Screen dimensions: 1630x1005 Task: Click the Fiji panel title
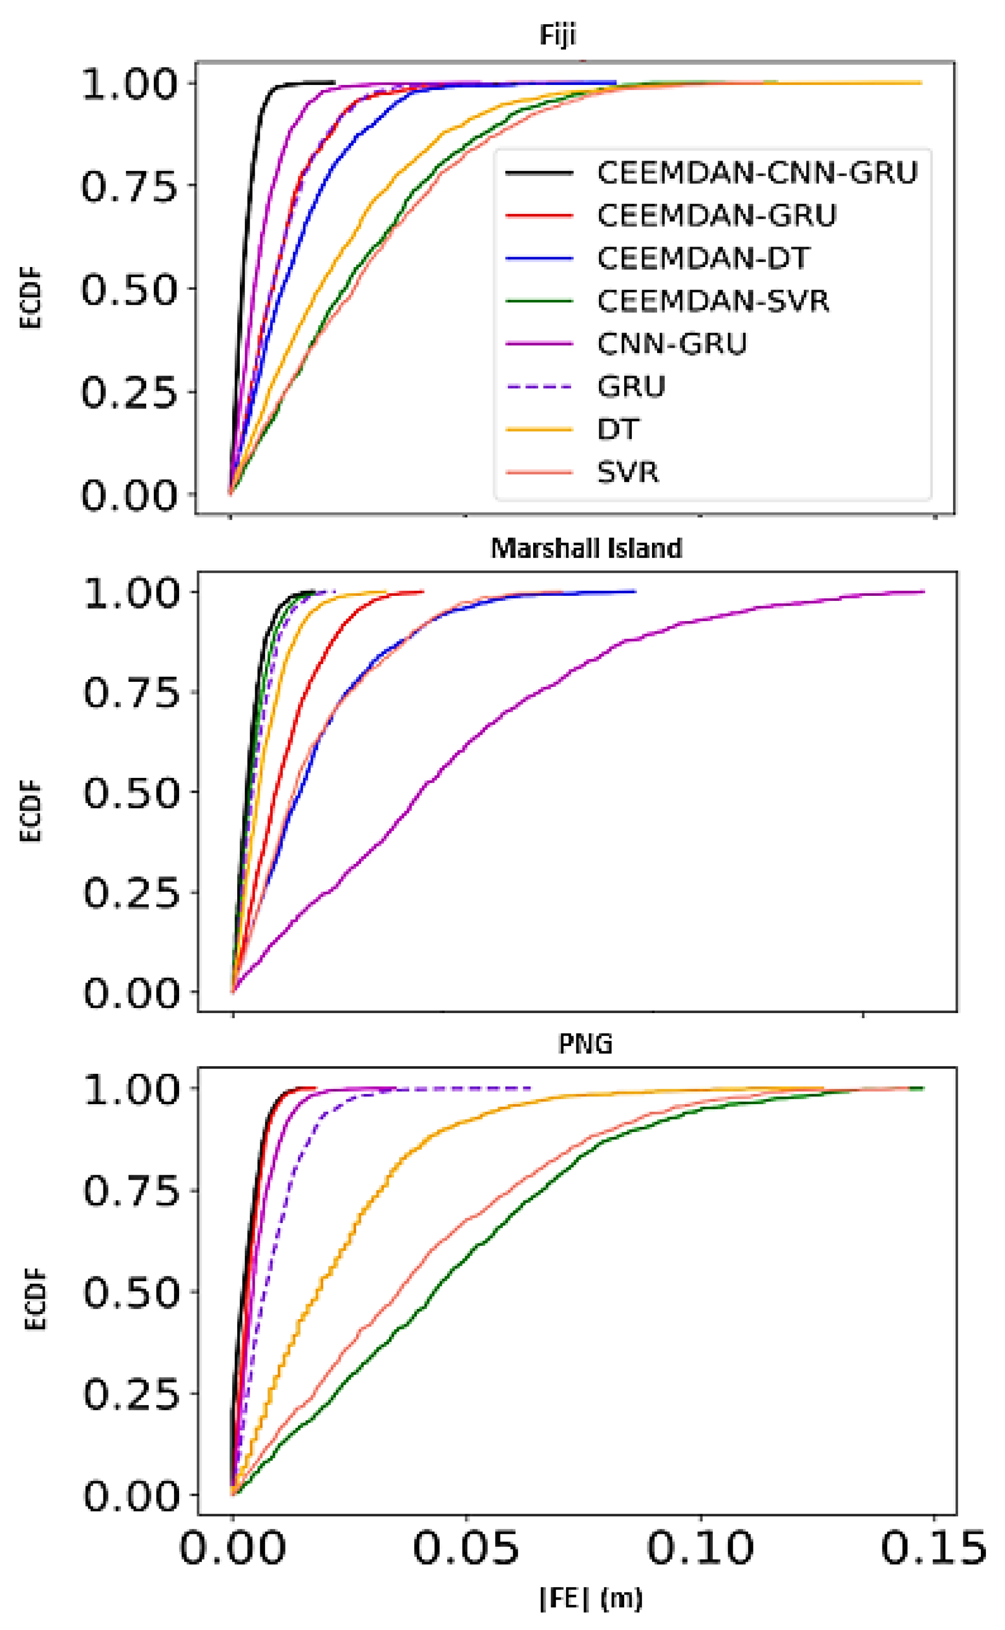[x=557, y=35]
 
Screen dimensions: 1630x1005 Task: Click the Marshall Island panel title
[x=586, y=548]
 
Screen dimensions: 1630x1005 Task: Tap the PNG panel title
[x=585, y=1044]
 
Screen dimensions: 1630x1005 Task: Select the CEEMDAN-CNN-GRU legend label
[x=757, y=173]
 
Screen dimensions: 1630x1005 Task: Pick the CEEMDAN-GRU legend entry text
[x=716, y=215]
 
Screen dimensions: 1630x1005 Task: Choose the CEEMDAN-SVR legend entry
[x=713, y=301]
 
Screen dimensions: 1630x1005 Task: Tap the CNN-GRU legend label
[x=672, y=344]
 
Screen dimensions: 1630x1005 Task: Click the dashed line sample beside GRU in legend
[x=539, y=386]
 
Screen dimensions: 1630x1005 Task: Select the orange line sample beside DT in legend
[x=539, y=429]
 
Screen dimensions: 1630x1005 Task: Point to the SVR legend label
[x=627, y=472]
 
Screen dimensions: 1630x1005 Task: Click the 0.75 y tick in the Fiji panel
[x=130, y=187]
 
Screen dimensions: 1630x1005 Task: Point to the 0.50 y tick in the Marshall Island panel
[x=132, y=792]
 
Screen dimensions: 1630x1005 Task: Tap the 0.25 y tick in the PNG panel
[x=132, y=1394]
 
